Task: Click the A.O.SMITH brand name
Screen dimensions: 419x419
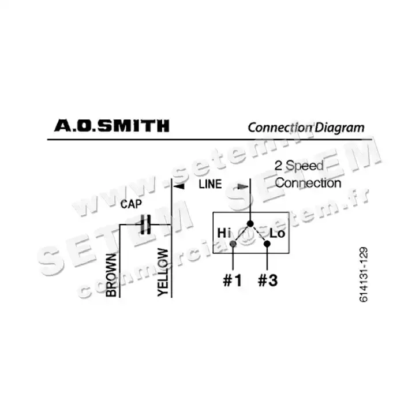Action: click(111, 125)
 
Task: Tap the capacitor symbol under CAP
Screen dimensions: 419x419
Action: click(145, 224)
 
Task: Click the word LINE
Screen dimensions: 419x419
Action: click(210, 185)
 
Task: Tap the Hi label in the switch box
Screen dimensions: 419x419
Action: click(224, 233)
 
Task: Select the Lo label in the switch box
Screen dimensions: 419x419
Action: click(278, 234)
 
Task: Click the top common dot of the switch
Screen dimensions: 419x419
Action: click(250, 223)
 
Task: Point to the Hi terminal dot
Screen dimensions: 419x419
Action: click(233, 244)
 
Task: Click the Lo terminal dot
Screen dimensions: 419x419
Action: click(267, 244)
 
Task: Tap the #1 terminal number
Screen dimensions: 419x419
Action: click(232, 281)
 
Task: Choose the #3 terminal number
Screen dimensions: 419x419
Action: click(267, 281)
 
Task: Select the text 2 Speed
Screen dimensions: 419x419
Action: click(298, 166)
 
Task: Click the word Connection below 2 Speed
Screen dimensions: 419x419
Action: click(308, 183)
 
